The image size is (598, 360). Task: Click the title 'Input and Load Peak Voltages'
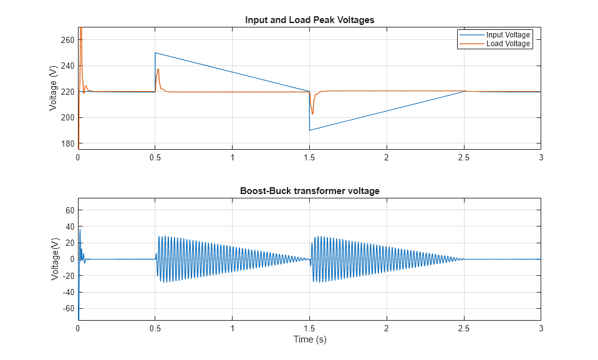309,19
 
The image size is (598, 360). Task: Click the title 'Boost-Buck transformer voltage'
309,191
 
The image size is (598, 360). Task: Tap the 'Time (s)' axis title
309,339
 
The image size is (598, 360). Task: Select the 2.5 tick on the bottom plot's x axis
464,328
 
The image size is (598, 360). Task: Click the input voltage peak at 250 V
155,53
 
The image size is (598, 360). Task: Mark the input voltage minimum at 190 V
310,130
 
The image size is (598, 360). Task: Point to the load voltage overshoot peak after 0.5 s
158,69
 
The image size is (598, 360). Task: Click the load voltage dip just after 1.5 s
312,114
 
